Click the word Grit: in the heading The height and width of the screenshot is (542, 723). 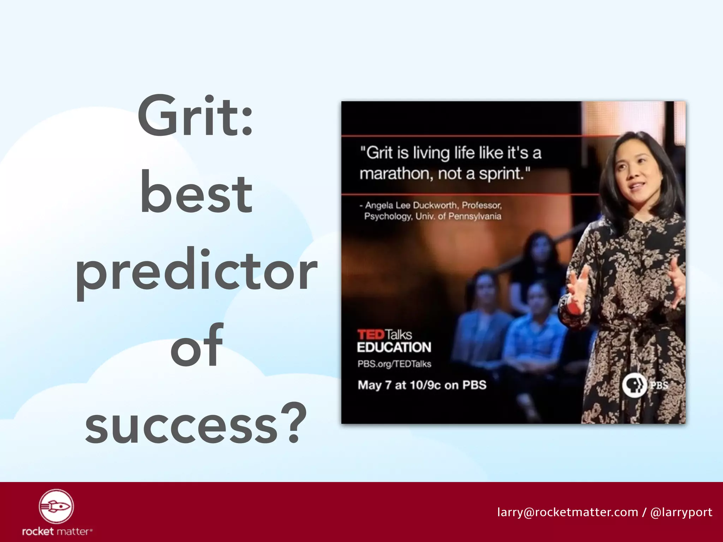click(195, 116)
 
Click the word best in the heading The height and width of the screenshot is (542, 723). click(196, 194)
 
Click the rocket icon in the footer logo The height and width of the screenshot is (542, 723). click(56, 506)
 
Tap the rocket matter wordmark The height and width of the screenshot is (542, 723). click(57, 531)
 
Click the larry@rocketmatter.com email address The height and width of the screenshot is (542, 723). click(567, 512)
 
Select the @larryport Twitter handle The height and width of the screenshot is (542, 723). click(681, 512)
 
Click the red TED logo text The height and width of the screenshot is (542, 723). click(370, 334)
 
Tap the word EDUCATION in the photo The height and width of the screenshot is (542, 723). click(394, 348)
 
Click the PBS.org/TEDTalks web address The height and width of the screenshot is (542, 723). click(394, 364)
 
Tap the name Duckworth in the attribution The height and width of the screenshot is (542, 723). click(435, 205)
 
